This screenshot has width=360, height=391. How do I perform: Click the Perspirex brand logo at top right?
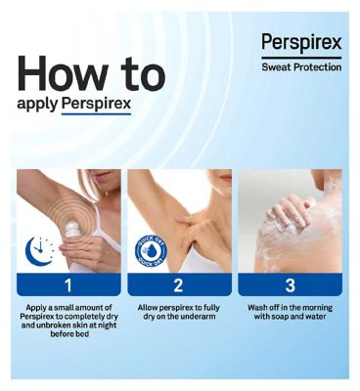301,43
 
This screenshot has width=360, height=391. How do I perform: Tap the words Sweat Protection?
301,67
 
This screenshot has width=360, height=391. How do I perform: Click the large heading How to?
92,73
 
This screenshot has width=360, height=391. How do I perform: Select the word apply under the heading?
37,105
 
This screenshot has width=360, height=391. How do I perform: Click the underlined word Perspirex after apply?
96,104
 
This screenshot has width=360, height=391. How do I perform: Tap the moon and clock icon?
39,250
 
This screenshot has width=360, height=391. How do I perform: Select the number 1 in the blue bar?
68,285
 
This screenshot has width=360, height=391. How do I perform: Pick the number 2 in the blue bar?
178,285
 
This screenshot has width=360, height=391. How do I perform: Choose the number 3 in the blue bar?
290,285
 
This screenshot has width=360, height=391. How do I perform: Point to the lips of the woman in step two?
226,178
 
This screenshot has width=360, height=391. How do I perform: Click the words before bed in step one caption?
69,334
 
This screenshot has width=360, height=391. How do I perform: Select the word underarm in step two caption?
200,317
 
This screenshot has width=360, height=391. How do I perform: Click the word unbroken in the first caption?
54,326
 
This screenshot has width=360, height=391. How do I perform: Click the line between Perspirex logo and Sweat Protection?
301,58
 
